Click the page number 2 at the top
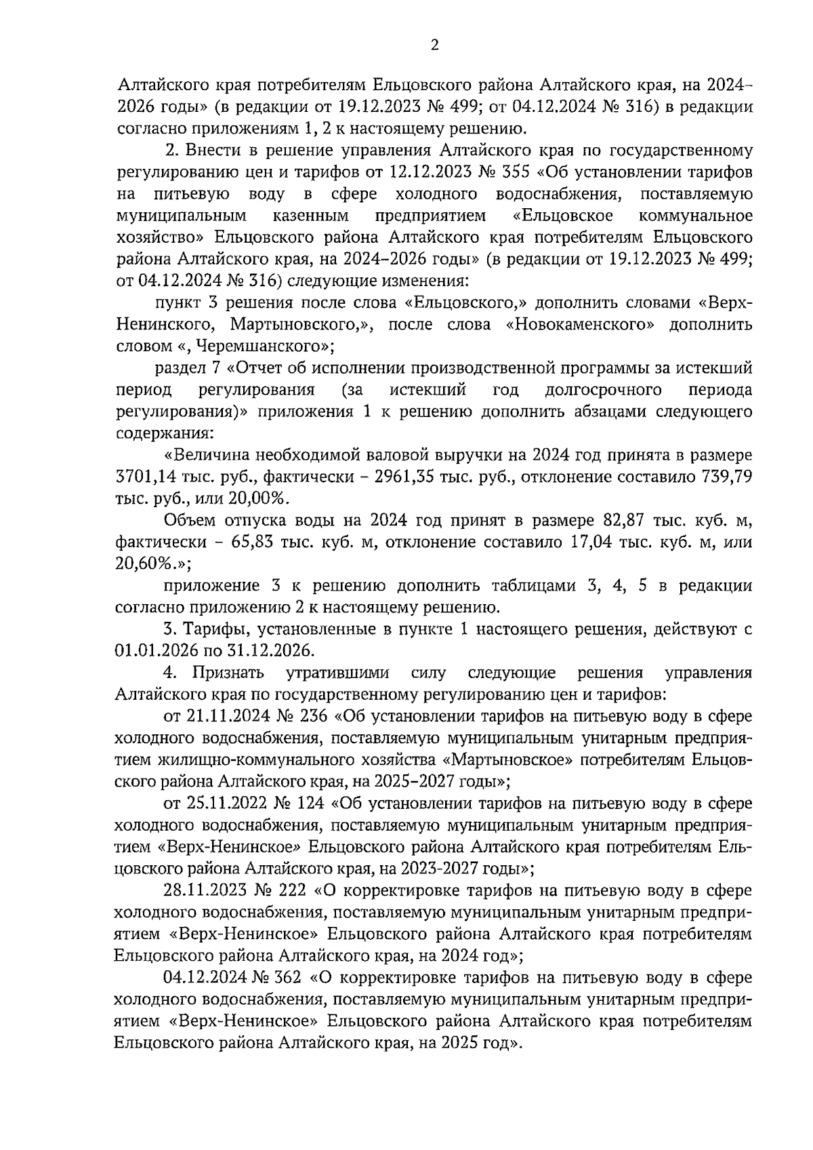click(434, 45)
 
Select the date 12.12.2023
click(428, 172)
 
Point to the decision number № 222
click(277, 891)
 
